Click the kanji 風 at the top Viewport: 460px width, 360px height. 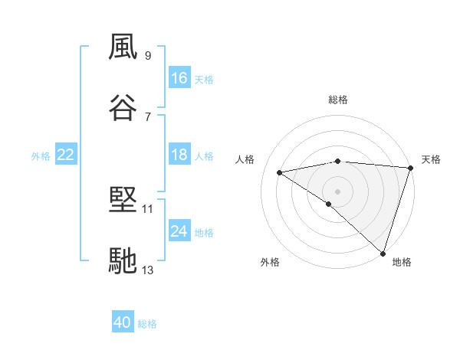pyautogui.click(x=123, y=47)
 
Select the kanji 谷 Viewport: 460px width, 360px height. pyautogui.click(x=123, y=107)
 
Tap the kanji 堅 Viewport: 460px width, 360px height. pyautogui.click(x=123, y=200)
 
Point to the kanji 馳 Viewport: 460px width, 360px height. pyautogui.click(x=123, y=260)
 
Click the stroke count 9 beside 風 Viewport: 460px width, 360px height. pyautogui.click(x=147, y=56)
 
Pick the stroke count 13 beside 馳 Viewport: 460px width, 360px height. pyautogui.click(x=147, y=269)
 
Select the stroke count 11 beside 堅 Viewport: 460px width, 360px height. pyautogui.click(x=147, y=208)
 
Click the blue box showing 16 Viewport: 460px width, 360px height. pyautogui.click(x=179, y=78)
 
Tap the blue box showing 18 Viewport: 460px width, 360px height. pyautogui.click(x=179, y=155)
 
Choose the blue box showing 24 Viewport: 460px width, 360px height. pyautogui.click(x=179, y=231)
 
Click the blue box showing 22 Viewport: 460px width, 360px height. pyautogui.click(x=66, y=155)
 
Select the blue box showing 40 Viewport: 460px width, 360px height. pyautogui.click(x=123, y=322)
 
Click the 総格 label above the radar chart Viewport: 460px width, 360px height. pyautogui.click(x=337, y=100)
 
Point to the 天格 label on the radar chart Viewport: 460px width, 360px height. pyautogui.click(x=431, y=159)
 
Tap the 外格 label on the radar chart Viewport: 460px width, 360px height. pyautogui.click(x=270, y=262)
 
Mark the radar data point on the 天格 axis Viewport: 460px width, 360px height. pyautogui.click(x=411, y=167)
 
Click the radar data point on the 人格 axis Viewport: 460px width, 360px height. pyautogui.click(x=280, y=172)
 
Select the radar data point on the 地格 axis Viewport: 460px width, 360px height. pyautogui.click(x=383, y=253)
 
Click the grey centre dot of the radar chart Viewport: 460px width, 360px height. pyautogui.click(x=337, y=191)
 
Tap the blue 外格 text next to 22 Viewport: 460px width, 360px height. pyautogui.click(x=41, y=156)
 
